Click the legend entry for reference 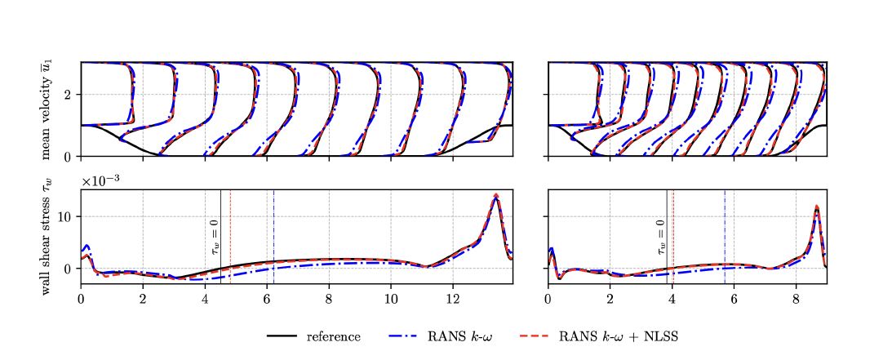(333, 336)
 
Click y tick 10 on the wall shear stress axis (69, 216)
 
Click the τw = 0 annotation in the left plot (215, 236)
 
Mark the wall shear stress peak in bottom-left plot (496, 196)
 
